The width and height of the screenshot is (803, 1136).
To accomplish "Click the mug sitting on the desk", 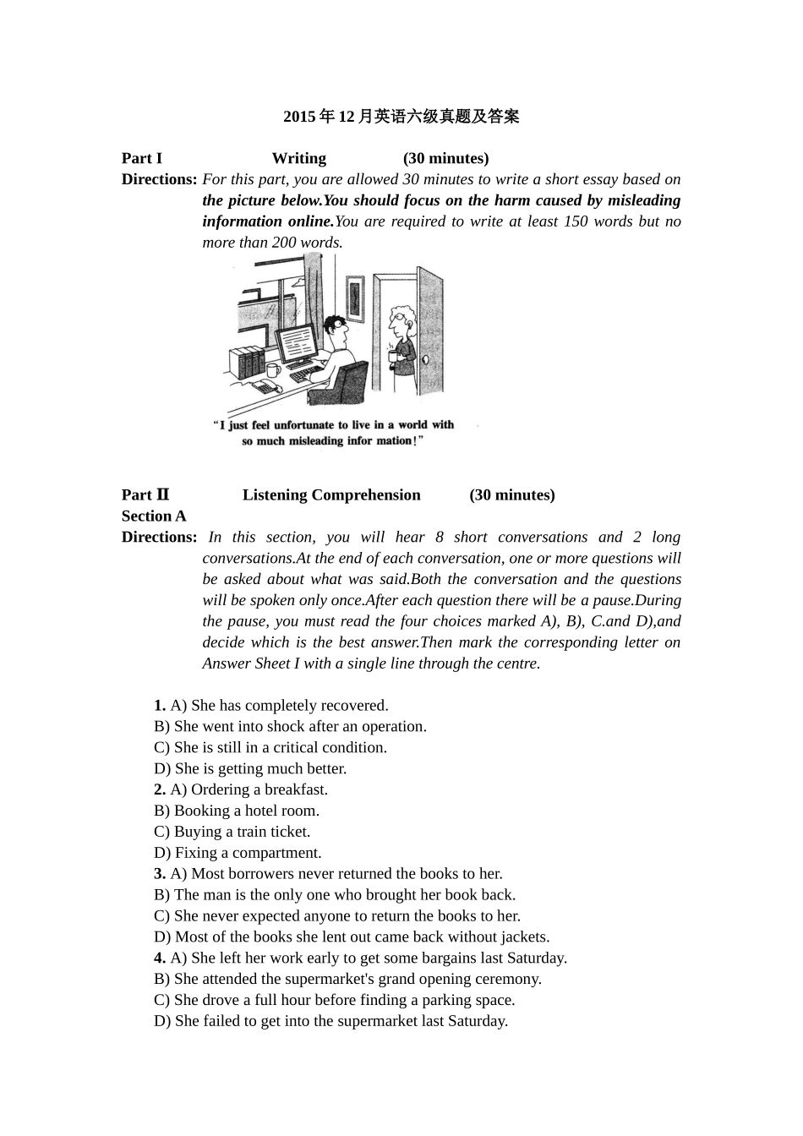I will (x=272, y=370).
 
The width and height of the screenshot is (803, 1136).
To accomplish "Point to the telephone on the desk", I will (x=266, y=387).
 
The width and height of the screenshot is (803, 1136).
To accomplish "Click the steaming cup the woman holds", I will (x=392, y=356).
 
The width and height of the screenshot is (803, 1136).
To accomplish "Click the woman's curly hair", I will (x=400, y=314).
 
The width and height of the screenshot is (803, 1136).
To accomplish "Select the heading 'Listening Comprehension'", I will (x=331, y=495).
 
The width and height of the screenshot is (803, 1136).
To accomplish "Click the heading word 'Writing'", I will (x=298, y=159).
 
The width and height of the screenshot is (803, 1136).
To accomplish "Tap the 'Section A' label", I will (x=154, y=516).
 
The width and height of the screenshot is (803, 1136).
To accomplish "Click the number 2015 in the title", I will (x=299, y=117).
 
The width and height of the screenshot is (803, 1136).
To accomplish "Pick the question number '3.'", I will (x=160, y=874).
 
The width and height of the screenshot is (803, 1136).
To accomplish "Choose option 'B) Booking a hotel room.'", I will (x=237, y=811).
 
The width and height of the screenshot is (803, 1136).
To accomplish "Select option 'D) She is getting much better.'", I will (x=250, y=768).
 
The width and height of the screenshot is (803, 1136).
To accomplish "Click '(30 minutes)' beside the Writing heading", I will (x=445, y=159).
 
